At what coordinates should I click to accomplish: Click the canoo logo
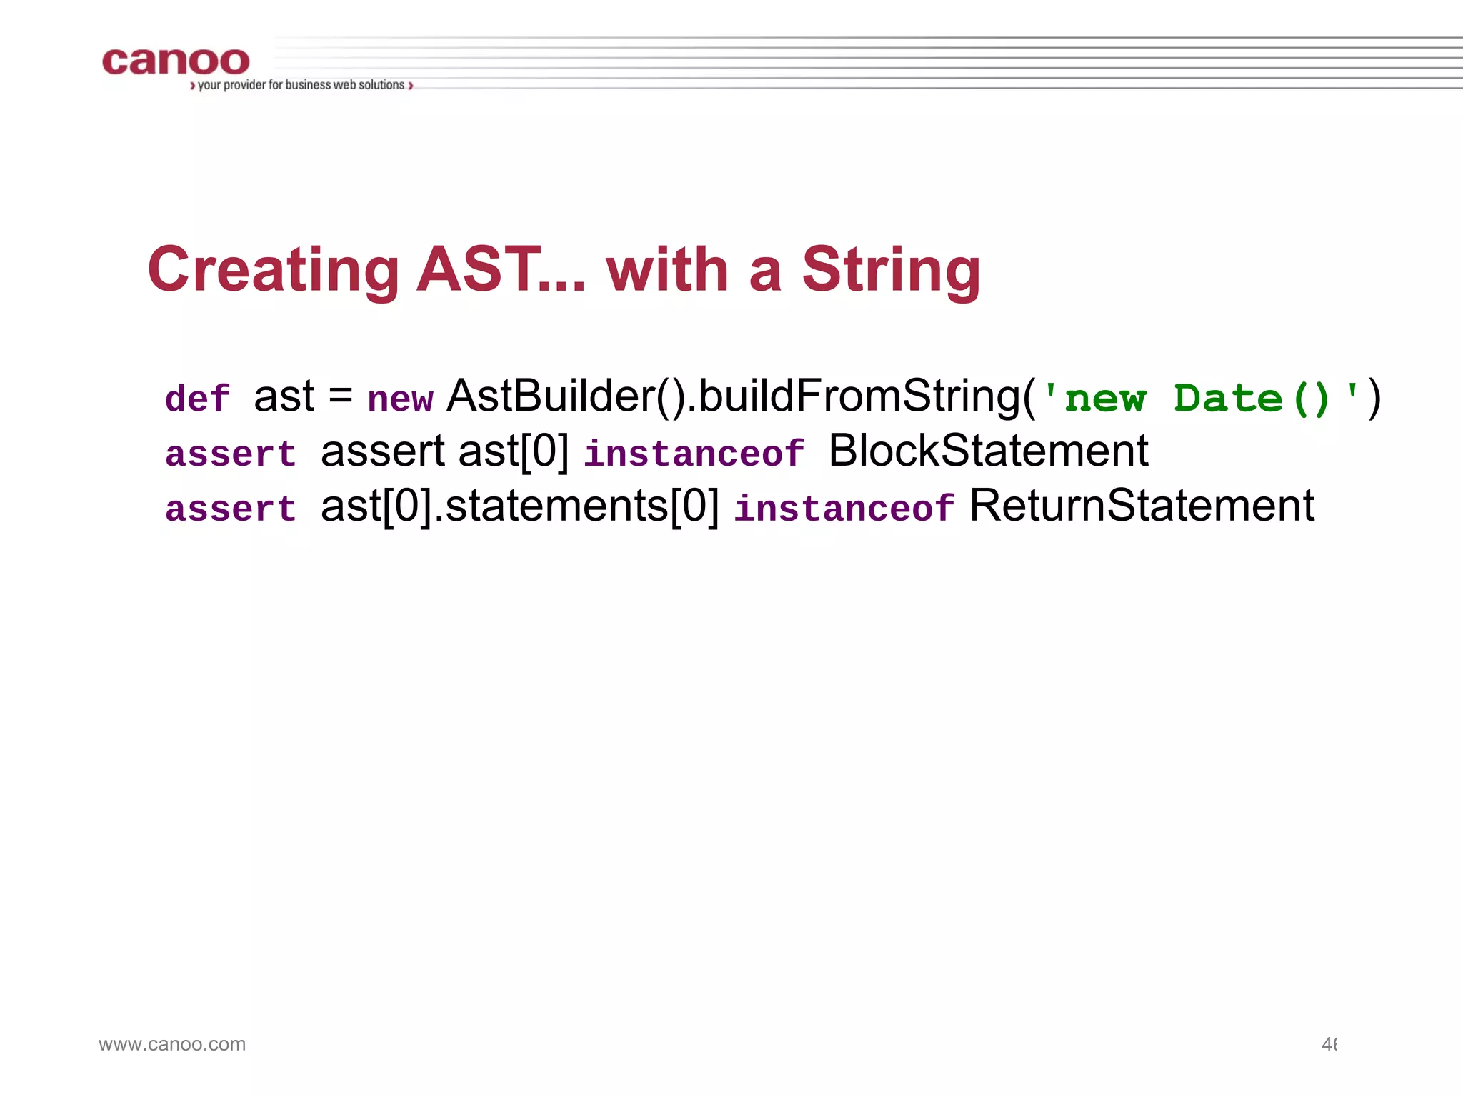point(176,61)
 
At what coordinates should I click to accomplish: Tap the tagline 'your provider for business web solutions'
point(301,85)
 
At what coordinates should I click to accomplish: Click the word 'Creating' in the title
point(273,270)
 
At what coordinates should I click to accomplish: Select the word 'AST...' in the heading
point(501,270)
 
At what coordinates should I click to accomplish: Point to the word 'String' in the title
point(891,270)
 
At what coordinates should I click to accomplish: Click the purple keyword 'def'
point(197,399)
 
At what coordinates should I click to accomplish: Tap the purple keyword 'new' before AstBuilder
point(400,399)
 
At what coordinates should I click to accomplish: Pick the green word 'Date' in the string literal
point(1228,398)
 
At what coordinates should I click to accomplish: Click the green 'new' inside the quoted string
point(1105,399)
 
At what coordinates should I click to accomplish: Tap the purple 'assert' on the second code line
point(230,454)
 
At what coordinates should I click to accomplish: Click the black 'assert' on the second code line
point(383,451)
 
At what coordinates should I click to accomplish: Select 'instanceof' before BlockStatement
point(694,454)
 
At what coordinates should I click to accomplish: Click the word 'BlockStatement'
point(988,451)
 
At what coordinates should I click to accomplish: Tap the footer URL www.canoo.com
point(172,1044)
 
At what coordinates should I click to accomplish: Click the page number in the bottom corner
point(1329,1045)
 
